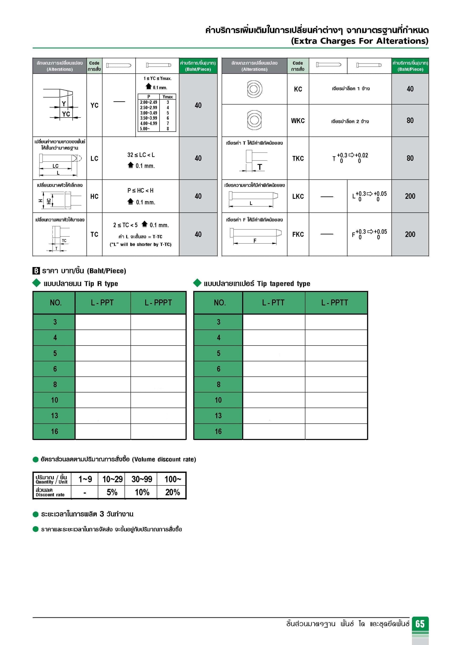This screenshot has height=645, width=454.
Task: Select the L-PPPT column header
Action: coord(158,302)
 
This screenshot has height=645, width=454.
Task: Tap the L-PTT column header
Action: coord(273,302)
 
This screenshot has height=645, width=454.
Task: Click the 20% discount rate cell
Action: coord(172,492)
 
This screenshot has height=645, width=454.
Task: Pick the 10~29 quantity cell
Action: coord(112,479)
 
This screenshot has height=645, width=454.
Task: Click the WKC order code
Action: coord(298,121)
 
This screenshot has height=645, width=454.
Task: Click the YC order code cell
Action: coord(94,105)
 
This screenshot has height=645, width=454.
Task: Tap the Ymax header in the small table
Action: coord(168,97)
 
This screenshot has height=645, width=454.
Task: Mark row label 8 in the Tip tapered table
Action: coord(218,384)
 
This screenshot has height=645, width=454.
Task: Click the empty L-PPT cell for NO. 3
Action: coord(103,322)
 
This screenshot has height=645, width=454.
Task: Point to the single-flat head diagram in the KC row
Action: coord(254,89)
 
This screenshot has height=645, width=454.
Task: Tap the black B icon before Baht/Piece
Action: coord(36,271)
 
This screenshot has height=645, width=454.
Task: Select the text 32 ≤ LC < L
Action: coord(141,155)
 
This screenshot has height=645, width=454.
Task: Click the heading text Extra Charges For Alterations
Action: coord(359,41)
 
